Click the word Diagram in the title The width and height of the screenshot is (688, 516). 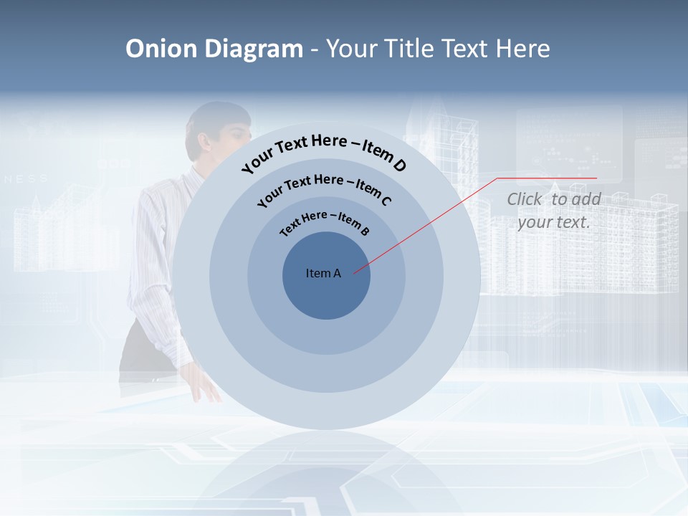pyautogui.click(x=254, y=49)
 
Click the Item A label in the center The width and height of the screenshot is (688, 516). pyautogui.click(x=323, y=273)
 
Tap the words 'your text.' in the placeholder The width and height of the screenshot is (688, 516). pyautogui.click(x=553, y=222)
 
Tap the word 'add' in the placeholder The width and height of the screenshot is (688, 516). pyautogui.click(x=586, y=199)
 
